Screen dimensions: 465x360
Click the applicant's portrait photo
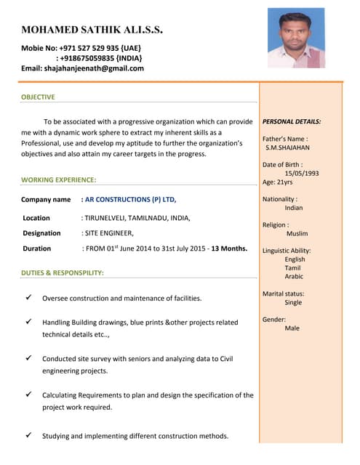point(295,38)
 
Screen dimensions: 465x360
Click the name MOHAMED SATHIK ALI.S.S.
point(92,30)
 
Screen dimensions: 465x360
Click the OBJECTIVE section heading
point(38,97)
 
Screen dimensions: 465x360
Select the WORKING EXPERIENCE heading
point(59,179)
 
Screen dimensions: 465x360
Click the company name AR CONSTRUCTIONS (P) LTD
point(130,199)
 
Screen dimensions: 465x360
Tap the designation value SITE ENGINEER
point(109,233)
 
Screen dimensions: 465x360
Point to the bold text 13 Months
point(229,248)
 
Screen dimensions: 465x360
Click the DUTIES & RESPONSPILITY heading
point(63,272)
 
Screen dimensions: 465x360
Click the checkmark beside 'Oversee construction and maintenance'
point(28,297)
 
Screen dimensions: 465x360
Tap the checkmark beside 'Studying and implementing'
point(28,435)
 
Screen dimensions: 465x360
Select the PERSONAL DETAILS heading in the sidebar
point(292,121)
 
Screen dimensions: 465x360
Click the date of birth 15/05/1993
point(301,174)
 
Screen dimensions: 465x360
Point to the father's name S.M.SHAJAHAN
point(288,147)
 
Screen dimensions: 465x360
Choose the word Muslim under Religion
point(297,234)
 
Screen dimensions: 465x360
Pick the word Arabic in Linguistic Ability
point(294,277)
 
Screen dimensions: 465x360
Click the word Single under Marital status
point(293,302)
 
